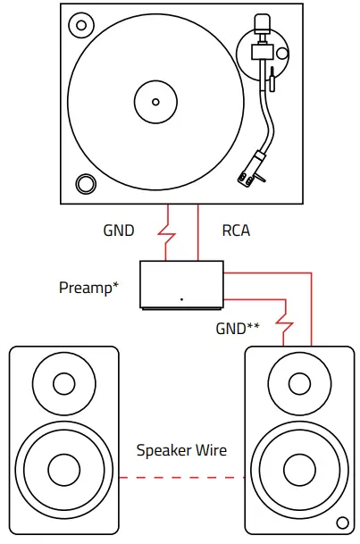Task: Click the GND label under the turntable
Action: tap(119, 230)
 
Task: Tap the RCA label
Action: tap(236, 230)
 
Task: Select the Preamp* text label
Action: tap(88, 288)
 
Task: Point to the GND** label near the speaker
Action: tap(238, 328)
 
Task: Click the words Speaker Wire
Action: tap(181, 450)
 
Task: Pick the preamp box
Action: tap(181, 284)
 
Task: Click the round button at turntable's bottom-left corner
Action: tap(85, 183)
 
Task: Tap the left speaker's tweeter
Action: tap(63, 385)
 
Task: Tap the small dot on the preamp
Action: tap(181, 298)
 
